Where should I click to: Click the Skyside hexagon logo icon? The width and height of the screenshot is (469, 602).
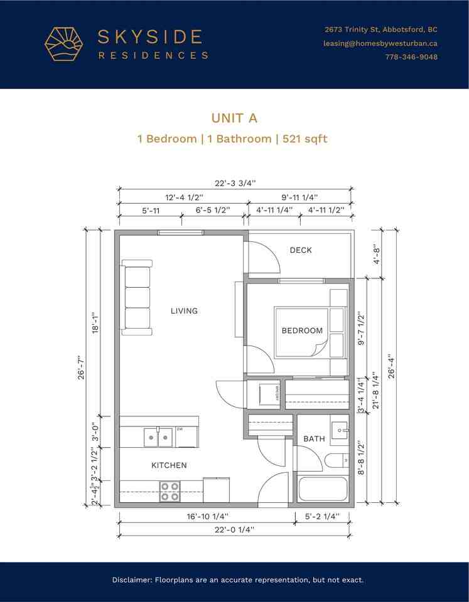point(63,44)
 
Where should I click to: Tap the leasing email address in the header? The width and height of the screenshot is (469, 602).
point(380,43)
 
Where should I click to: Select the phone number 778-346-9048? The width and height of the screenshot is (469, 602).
point(411,57)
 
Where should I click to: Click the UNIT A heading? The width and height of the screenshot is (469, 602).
point(234,118)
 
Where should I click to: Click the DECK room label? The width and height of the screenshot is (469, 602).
point(301,250)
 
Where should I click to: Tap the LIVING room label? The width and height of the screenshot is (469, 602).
point(184,310)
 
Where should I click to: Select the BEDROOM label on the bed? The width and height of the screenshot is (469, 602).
point(302,330)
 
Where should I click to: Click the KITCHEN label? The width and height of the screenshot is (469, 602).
point(169,465)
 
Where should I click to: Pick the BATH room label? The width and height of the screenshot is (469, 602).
point(314,439)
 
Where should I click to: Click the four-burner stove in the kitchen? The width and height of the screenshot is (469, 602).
point(170,491)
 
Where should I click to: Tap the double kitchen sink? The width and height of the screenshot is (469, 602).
point(158,436)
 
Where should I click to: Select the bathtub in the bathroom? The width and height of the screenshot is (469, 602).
point(323,489)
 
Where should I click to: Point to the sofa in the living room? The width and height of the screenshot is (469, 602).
point(137,297)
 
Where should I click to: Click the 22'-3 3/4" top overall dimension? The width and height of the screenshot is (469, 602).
point(235,183)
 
